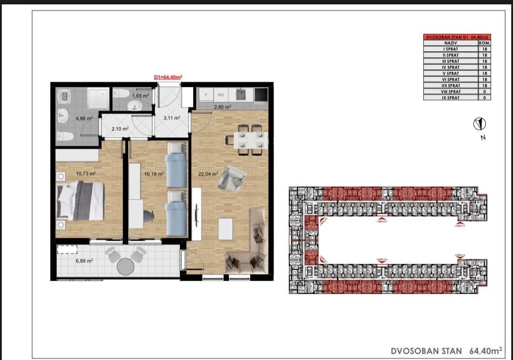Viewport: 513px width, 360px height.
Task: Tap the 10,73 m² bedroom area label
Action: (86, 173)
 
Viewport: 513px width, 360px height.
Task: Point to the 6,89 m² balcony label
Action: (83, 261)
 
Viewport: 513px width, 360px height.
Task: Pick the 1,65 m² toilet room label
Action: (141, 96)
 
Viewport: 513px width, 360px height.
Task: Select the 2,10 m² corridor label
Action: (120, 129)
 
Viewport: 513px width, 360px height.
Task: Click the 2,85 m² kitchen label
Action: (222, 106)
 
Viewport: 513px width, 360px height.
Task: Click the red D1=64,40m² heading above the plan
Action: (168, 77)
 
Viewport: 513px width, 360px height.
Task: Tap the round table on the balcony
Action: (125, 266)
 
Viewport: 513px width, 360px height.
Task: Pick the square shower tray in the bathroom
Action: (100, 98)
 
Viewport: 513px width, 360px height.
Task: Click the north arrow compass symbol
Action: (479, 124)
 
